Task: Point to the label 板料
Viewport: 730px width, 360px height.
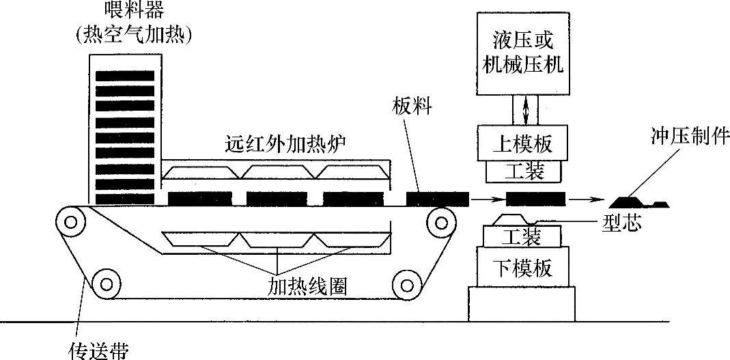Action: click(412, 107)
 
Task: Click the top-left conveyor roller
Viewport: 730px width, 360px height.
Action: click(68, 221)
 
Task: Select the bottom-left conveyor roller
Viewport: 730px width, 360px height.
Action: click(104, 281)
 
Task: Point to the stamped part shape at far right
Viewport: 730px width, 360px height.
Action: click(638, 202)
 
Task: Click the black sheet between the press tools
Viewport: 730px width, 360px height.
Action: click(535, 199)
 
